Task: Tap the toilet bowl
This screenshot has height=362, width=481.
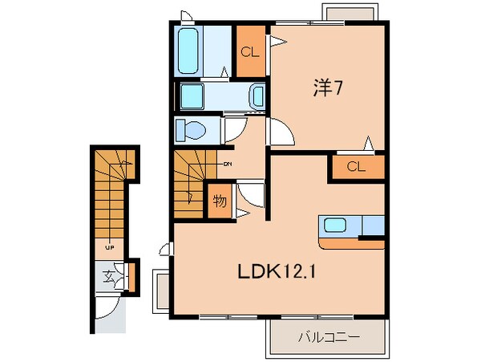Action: tap(193, 129)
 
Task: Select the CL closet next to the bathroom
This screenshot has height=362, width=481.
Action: tap(249, 52)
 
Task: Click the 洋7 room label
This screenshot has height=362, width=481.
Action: tap(327, 89)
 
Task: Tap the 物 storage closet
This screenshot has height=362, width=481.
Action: tap(218, 200)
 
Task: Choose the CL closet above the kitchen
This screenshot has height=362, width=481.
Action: tap(356, 167)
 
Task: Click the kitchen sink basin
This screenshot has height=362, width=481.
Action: tap(334, 226)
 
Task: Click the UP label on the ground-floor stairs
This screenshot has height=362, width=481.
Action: tap(107, 247)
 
